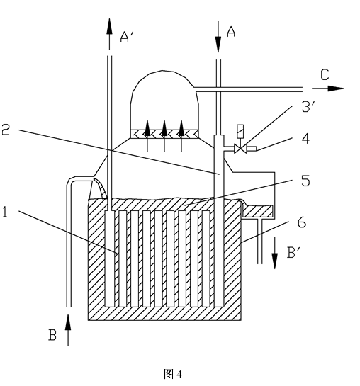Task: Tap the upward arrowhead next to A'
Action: (109, 26)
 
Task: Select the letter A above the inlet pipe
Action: (231, 31)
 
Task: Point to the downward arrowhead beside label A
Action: (218, 45)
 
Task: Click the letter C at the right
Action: (325, 75)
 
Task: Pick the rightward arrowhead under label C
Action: (336, 89)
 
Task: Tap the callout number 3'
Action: (308, 106)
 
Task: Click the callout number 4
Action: (305, 139)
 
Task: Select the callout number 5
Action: (305, 181)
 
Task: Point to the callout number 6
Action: (302, 222)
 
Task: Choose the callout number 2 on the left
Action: (6, 130)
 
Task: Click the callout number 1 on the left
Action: (5, 212)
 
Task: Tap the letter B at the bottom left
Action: (52, 335)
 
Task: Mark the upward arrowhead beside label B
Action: (68, 322)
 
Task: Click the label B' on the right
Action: (293, 253)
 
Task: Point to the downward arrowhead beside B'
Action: (274, 261)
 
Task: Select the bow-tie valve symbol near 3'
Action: (240, 149)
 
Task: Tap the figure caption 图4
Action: (173, 375)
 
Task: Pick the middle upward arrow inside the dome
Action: (164, 136)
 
